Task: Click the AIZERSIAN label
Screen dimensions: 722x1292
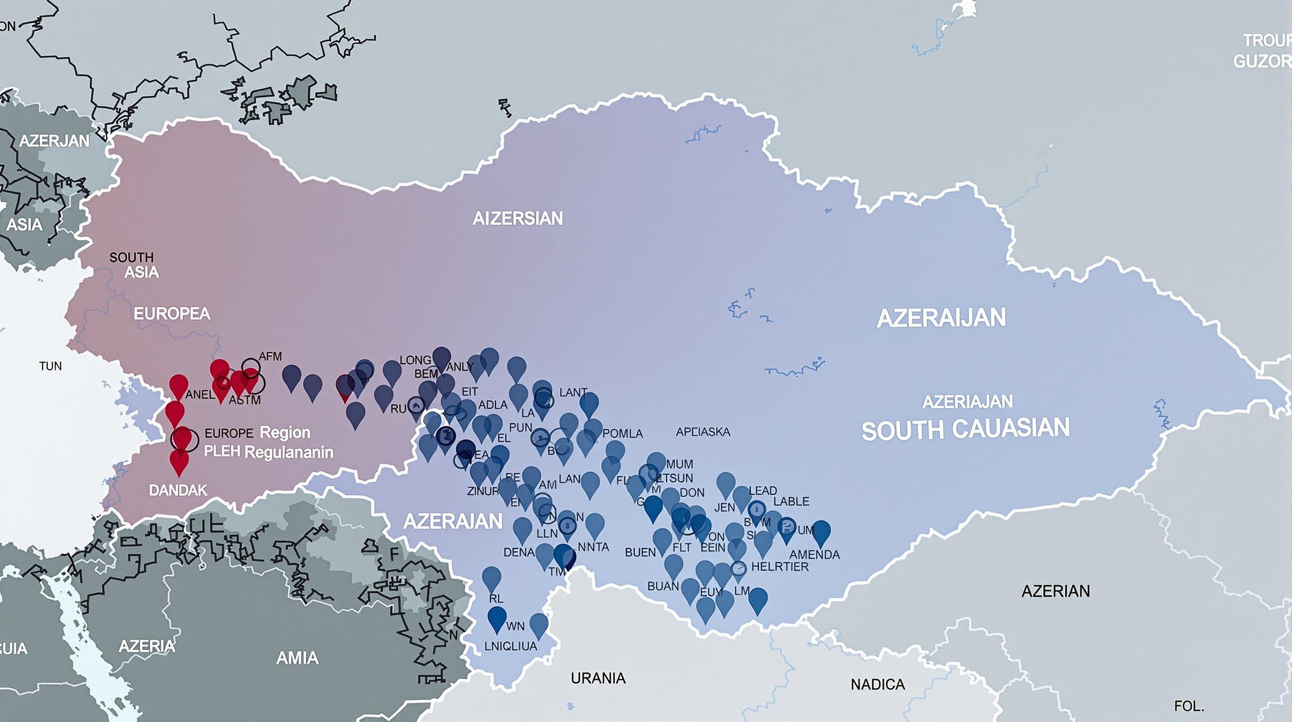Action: coord(518,219)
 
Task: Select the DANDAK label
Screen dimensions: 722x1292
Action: coord(177,490)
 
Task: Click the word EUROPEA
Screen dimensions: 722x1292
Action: coord(171,314)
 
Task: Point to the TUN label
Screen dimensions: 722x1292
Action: coord(50,366)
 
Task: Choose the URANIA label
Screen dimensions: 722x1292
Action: coord(598,678)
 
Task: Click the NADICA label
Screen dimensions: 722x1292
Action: coord(878,684)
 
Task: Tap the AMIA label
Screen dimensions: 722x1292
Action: coord(297,658)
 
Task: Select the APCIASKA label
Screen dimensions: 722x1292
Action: coord(703,432)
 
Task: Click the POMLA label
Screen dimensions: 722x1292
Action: coord(623,433)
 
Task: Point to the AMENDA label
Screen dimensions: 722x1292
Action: coord(815,554)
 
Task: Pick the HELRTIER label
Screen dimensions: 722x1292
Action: coord(780,567)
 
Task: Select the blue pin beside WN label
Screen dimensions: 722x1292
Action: coord(497,618)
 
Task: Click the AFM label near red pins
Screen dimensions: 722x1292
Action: coord(270,356)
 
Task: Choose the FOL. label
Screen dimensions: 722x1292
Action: coord(1189,706)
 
